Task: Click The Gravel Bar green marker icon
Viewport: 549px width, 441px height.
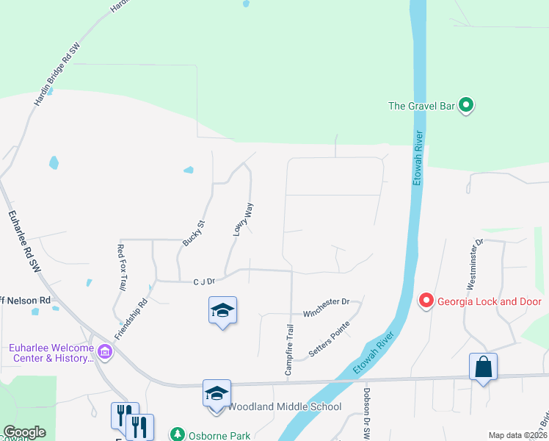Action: [x=466, y=106]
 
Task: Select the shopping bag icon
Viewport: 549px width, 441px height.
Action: [x=484, y=367]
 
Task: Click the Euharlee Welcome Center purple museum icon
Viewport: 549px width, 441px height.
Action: [x=105, y=353]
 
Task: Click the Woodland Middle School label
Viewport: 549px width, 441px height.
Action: [x=284, y=406]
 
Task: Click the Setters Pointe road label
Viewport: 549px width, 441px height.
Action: [x=330, y=338]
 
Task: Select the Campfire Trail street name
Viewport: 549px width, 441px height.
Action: [x=290, y=350]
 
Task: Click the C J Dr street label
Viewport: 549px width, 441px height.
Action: [x=203, y=281]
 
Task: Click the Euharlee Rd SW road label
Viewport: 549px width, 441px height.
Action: [x=23, y=243]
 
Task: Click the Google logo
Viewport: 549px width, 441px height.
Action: [x=24, y=432]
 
